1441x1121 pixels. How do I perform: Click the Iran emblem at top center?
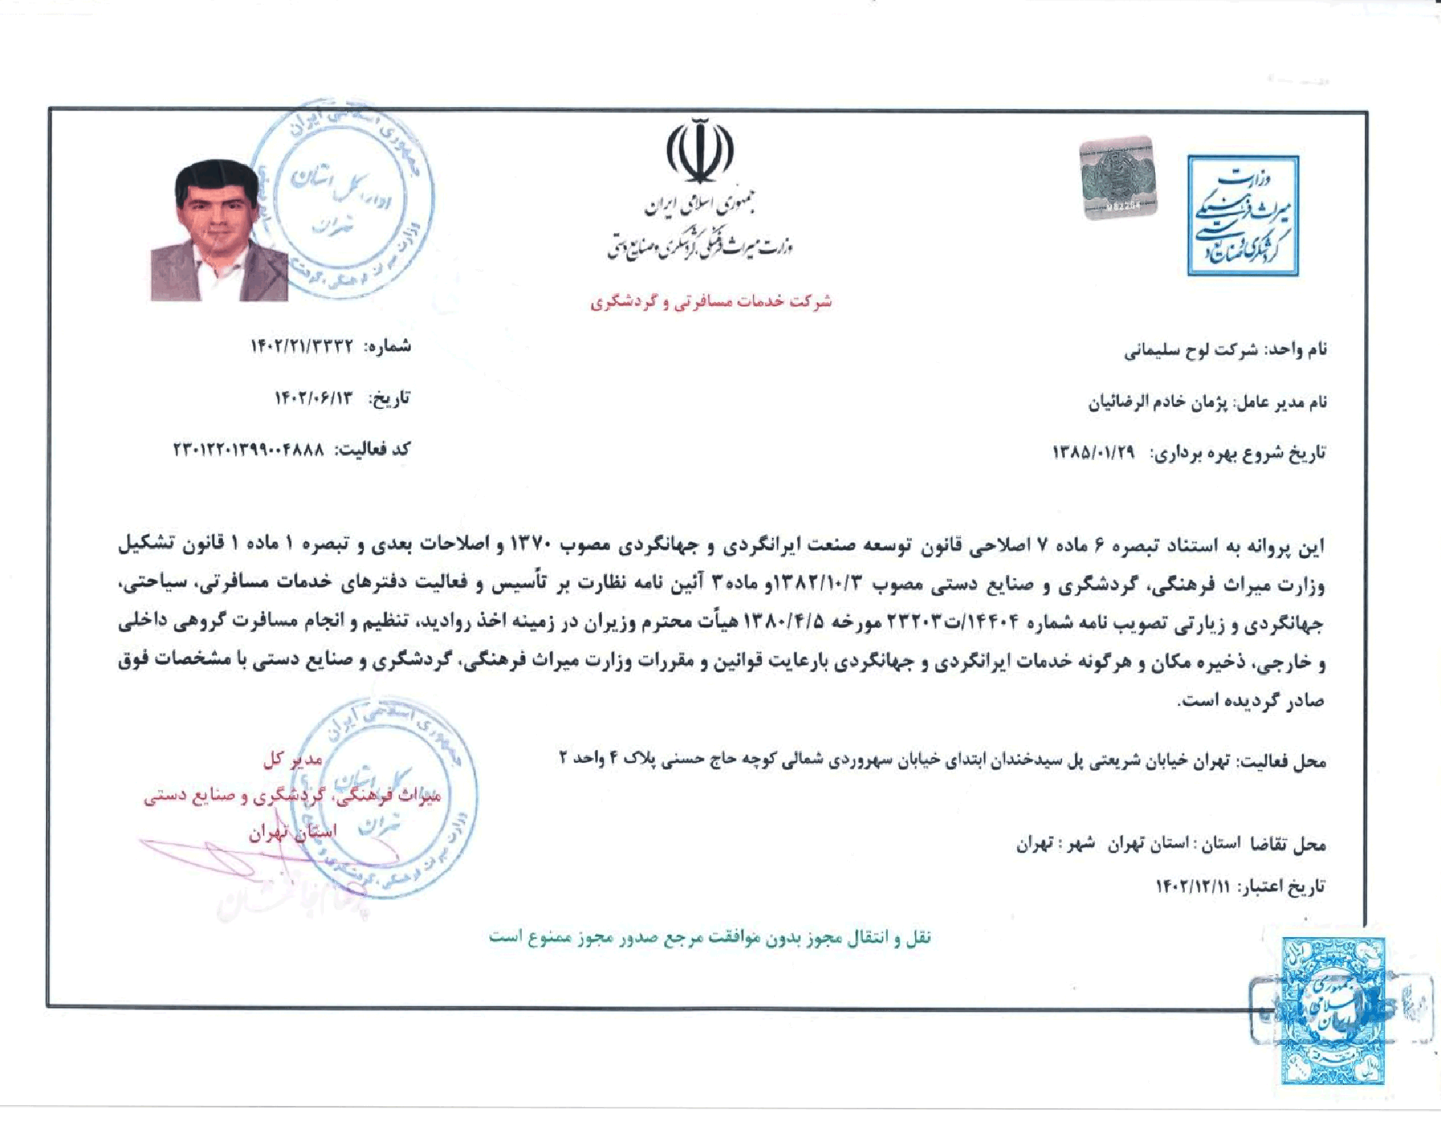tap(700, 151)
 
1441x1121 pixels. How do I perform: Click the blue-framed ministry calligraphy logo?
tap(1242, 216)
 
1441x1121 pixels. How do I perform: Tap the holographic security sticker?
tap(1118, 178)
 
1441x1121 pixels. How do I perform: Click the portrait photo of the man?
tap(218, 231)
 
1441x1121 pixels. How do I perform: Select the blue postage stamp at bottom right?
tap(1332, 1010)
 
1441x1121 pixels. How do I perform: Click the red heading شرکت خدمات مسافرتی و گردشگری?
tap(710, 302)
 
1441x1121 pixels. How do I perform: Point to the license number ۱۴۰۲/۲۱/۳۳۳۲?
tap(302, 347)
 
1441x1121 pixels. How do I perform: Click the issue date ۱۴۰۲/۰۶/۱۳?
tap(314, 398)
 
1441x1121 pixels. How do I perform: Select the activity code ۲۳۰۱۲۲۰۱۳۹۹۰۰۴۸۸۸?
tap(249, 450)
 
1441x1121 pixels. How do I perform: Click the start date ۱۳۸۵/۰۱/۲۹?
tap(1093, 452)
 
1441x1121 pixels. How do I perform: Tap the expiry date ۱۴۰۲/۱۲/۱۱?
tap(1192, 886)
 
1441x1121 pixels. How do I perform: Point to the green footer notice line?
tap(710, 938)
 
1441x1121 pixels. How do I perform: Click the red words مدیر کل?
tap(293, 760)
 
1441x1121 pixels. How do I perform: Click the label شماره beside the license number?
tap(388, 347)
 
